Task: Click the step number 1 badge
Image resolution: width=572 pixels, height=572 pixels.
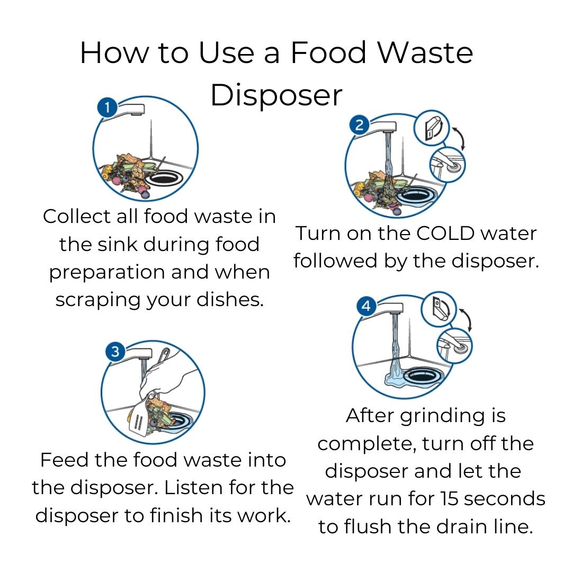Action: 107,108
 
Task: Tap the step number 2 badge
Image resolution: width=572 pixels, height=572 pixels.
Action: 359,125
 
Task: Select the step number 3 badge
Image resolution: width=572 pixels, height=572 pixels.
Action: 115,352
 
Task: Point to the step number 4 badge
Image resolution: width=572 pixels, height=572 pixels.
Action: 367,306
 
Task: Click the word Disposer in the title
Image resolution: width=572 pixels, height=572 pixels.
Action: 276,95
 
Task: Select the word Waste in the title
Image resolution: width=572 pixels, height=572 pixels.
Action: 425,52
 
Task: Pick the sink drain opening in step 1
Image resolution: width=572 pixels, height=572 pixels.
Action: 163,178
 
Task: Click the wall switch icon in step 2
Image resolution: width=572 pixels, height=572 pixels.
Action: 432,128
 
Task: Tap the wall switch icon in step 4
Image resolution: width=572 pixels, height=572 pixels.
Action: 439,309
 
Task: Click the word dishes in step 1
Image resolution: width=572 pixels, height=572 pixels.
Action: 230,300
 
